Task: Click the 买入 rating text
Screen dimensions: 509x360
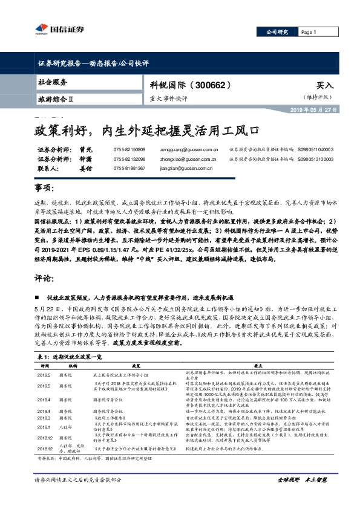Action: pos(324,86)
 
